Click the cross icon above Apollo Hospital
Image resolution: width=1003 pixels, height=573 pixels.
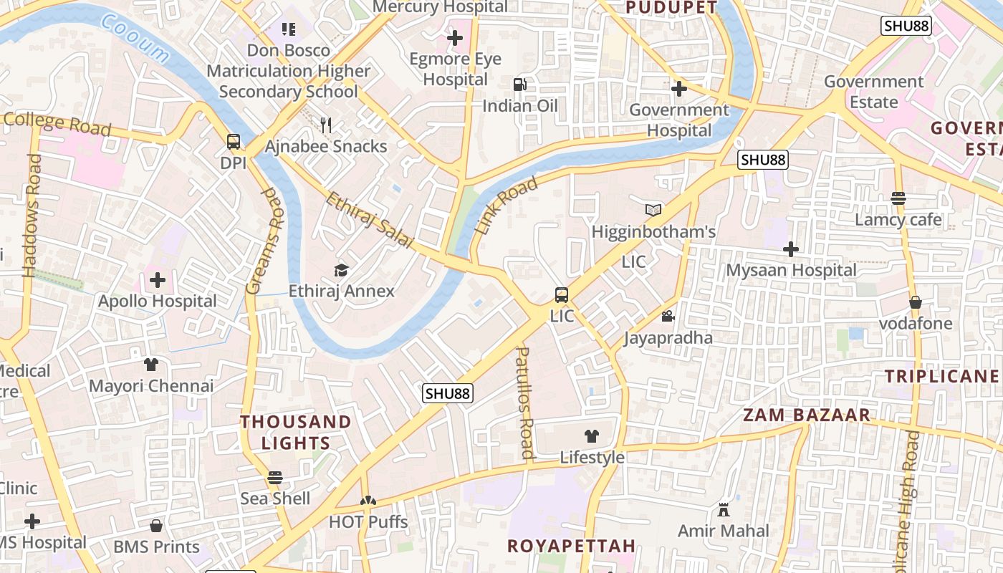click(158, 279)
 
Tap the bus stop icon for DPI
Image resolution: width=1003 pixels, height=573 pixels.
click(234, 142)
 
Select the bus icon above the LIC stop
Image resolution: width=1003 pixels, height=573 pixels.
click(562, 295)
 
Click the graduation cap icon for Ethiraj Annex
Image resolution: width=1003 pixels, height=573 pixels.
click(341, 270)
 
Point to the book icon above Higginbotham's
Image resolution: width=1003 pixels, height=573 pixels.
click(653, 210)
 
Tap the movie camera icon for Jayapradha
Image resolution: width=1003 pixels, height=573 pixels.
click(668, 316)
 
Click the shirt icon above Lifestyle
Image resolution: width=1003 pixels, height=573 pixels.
click(592, 435)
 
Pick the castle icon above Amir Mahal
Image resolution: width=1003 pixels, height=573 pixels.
click(723, 509)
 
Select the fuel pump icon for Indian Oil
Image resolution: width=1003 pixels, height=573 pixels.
click(519, 85)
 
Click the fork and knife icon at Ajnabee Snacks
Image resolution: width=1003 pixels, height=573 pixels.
click(326, 125)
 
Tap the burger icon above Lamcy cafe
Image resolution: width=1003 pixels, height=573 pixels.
click(898, 198)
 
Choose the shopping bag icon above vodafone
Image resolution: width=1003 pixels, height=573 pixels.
click(916, 302)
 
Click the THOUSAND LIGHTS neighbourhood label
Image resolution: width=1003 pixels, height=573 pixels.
click(295, 432)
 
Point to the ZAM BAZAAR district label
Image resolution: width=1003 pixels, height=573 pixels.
click(806, 415)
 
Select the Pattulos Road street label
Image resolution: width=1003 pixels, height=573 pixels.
click(525, 403)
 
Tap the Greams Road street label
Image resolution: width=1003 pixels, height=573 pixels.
click(261, 241)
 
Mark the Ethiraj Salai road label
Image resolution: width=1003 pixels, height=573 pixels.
click(370, 220)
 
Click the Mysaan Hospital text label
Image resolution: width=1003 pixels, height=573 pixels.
click(791, 270)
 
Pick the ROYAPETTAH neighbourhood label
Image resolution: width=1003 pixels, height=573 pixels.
click(571, 546)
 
